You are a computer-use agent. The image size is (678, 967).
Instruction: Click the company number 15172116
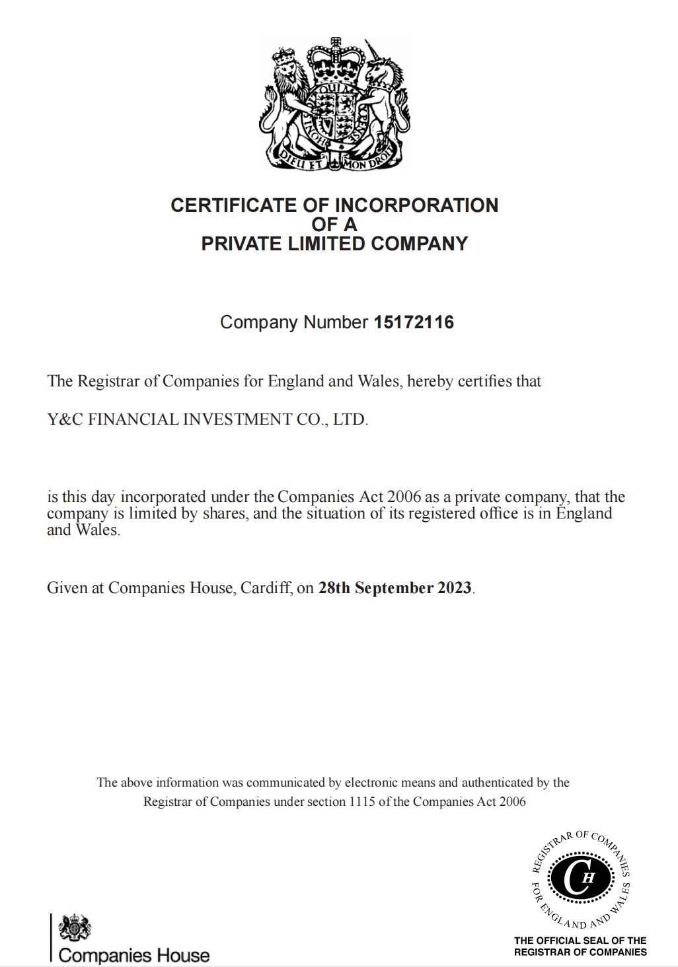point(414,322)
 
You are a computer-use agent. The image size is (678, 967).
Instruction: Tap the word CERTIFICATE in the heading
point(234,205)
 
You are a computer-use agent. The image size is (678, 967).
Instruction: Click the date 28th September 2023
point(395,588)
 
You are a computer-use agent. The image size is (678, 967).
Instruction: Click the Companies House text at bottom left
point(133,955)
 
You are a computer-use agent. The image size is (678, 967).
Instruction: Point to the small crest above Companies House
point(75,928)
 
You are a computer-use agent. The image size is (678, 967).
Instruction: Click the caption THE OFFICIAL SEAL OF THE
point(580,940)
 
